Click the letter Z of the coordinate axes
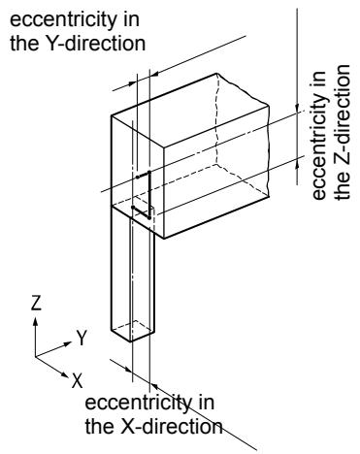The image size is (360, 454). (x=36, y=303)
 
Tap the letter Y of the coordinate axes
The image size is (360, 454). (x=82, y=338)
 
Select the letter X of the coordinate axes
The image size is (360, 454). (x=78, y=380)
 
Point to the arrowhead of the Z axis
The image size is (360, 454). (x=35, y=321)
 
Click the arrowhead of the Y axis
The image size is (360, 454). (x=67, y=343)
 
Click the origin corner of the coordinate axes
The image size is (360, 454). (x=35, y=357)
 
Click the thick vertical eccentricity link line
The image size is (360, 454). (x=149, y=195)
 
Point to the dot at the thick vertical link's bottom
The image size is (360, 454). (x=149, y=218)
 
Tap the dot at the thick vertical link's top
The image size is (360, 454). (x=149, y=172)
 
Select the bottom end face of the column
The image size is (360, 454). (x=133, y=331)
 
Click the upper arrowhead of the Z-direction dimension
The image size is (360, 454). (x=297, y=109)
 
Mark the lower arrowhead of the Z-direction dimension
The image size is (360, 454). (x=297, y=163)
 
